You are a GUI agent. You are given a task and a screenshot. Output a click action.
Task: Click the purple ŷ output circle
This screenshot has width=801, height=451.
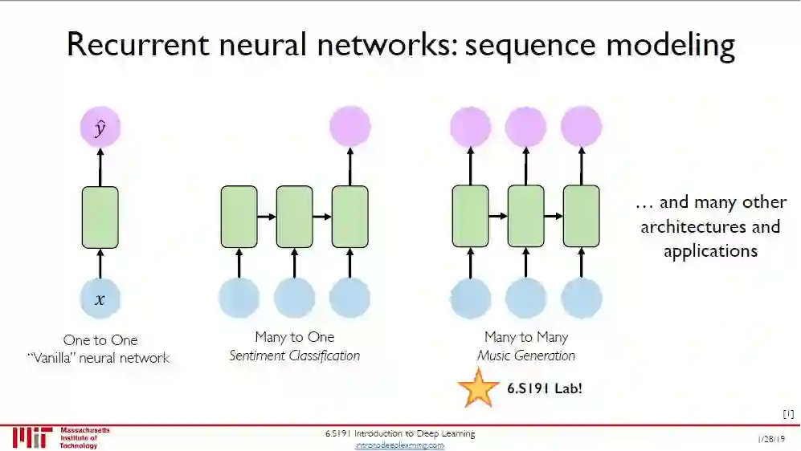coord(100,128)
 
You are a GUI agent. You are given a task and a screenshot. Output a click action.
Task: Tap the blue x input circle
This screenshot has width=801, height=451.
coord(100,299)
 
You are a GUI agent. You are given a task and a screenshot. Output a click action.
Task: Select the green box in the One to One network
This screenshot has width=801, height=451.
coord(100,217)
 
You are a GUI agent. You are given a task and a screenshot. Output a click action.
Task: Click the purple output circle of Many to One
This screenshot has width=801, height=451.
coord(349,127)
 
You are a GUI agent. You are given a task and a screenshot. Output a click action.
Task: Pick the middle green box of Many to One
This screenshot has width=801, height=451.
coord(294,217)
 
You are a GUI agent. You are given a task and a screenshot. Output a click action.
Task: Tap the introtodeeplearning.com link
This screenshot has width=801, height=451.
coord(400,445)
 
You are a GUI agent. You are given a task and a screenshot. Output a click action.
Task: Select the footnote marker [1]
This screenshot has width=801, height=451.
coord(788,414)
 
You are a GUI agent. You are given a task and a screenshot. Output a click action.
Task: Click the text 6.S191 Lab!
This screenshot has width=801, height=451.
coord(545,388)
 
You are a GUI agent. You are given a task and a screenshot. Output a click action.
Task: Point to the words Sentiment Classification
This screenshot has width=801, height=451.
coord(294,356)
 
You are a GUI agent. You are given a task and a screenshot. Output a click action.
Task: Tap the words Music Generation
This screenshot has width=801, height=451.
coord(526,356)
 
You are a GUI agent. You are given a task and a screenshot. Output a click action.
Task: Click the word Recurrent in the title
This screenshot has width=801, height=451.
coord(135,45)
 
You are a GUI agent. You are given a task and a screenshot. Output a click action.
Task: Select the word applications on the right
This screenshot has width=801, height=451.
coord(710,250)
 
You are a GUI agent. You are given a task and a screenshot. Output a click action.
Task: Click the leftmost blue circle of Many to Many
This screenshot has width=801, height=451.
coord(470,299)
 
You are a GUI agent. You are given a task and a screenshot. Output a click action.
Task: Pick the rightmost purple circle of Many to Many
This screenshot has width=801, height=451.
coord(581,127)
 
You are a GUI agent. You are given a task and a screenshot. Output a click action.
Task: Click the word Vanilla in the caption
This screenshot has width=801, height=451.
coord(57,358)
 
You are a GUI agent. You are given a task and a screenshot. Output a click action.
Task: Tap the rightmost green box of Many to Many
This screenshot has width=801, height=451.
coord(581,217)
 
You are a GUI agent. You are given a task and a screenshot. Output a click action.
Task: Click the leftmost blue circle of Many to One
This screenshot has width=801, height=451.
coord(239,299)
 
